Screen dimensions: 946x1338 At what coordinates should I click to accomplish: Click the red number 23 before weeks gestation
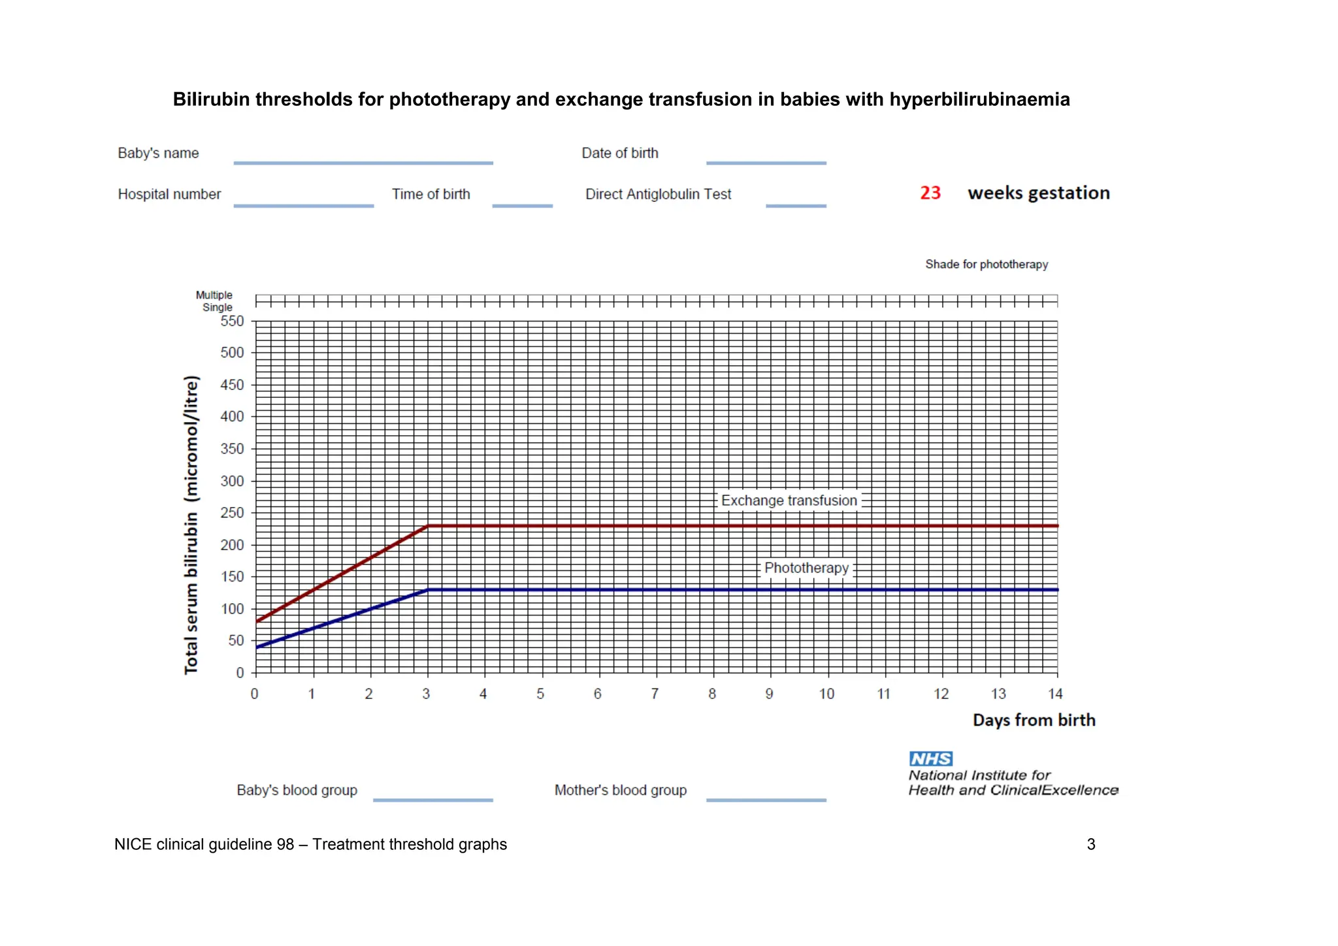pos(930,193)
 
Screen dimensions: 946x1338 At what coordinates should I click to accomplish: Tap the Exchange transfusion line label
pos(789,500)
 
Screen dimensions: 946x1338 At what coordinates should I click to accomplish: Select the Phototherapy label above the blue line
pos(806,568)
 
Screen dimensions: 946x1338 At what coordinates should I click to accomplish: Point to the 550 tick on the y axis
pos(232,321)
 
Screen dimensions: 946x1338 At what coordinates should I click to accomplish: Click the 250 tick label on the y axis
pos(232,513)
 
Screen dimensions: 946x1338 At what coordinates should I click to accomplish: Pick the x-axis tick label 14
pos(1055,694)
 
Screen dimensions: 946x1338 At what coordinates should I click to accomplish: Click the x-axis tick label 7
pos(655,694)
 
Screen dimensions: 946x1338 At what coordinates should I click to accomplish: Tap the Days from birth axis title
pos(1034,720)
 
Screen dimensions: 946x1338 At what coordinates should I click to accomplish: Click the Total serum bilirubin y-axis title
pos(191,525)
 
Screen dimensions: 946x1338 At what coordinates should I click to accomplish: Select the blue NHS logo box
pos(930,758)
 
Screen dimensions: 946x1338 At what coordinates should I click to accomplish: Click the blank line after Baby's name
pos(363,162)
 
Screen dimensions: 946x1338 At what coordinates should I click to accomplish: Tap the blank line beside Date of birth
pos(766,162)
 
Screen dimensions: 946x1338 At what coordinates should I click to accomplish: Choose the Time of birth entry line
pos(522,205)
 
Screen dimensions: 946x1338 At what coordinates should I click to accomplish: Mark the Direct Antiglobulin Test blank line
pos(796,205)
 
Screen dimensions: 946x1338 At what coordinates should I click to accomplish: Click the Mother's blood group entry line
pos(766,799)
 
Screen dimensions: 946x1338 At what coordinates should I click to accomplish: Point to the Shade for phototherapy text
pos(986,264)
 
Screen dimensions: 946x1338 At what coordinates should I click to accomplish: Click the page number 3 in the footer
pos(1090,844)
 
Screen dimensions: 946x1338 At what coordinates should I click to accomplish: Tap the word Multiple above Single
pos(214,295)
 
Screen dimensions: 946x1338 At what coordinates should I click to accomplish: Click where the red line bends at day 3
pos(427,525)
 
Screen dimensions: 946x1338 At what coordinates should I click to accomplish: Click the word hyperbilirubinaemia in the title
pos(979,99)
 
